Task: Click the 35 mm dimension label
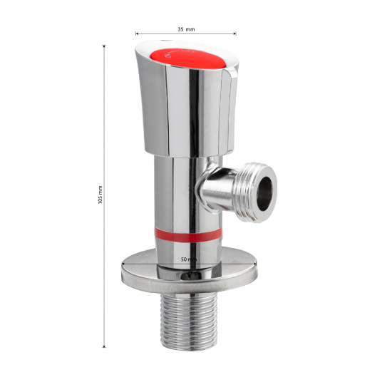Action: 186,29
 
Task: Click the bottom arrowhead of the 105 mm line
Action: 105,346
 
